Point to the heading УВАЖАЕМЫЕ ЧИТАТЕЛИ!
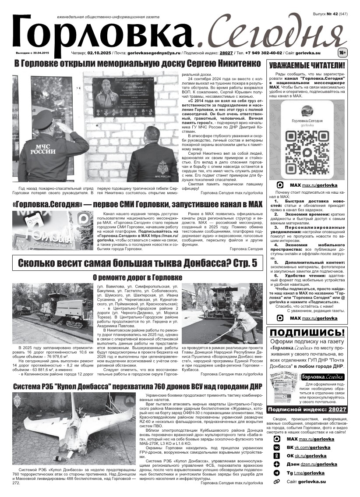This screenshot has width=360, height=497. [x=307, y=65]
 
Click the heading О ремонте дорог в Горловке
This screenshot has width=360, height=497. [x=138, y=277]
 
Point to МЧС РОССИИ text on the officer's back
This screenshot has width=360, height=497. [x=43, y=149]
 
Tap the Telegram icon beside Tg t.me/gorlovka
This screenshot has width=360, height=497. [x=276, y=473]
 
